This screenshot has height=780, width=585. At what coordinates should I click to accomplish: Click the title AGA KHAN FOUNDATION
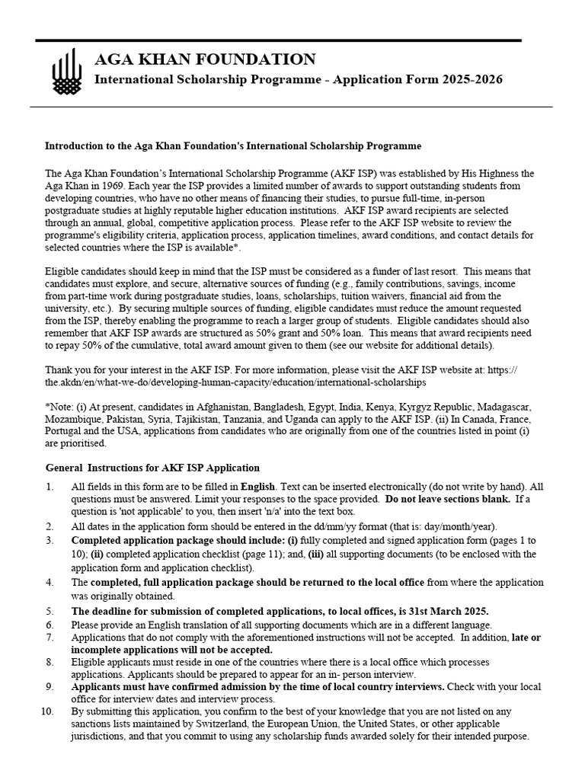[x=203, y=59]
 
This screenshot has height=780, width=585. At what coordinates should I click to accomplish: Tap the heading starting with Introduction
[x=233, y=145]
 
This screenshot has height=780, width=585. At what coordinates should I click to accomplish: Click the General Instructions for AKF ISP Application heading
[x=152, y=468]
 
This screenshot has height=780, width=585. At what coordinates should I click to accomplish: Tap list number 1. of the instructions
[x=50, y=486]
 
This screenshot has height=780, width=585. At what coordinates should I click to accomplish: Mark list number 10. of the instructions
[x=47, y=711]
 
